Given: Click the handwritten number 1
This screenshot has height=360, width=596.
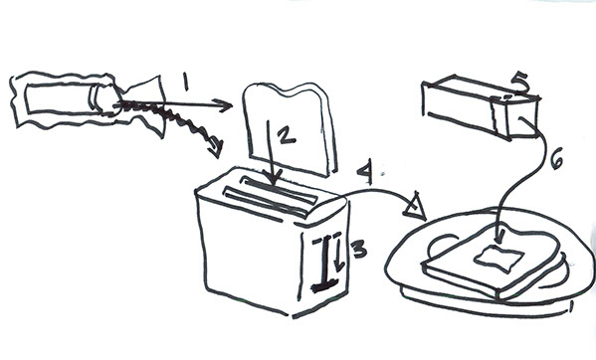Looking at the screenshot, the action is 185,82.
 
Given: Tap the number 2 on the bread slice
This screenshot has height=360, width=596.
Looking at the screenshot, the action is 287,136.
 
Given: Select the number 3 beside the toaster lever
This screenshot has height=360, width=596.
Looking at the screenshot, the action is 359,250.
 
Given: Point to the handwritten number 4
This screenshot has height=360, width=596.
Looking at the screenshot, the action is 365,174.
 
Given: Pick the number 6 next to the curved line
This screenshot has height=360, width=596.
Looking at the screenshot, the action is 556,161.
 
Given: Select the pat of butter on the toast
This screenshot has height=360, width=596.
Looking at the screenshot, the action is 497,259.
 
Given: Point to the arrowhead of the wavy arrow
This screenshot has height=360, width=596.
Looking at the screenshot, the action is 215,148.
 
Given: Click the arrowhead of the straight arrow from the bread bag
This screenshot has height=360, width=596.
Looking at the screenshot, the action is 223,105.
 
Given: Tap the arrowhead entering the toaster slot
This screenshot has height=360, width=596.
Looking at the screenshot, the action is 273,177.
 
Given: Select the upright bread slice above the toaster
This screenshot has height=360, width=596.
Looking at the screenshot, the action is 290,128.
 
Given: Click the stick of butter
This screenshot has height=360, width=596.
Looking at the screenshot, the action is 481,107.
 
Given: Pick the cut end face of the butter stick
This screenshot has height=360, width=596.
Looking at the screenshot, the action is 522,117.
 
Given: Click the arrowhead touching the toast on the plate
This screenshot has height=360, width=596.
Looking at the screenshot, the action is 500,237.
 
